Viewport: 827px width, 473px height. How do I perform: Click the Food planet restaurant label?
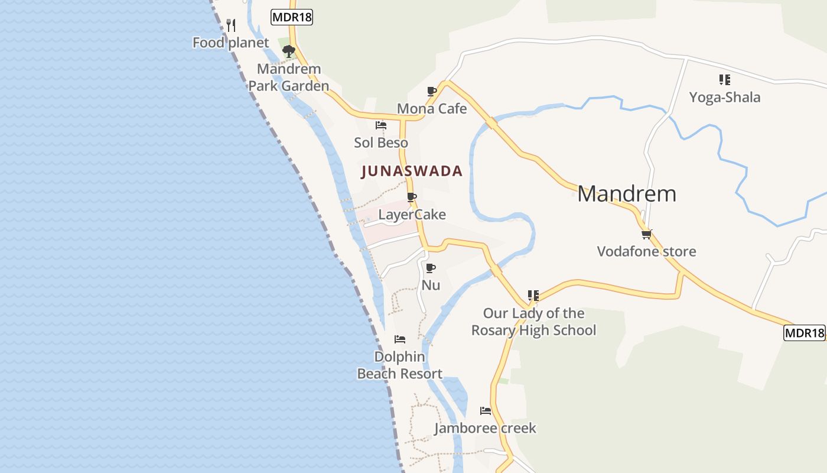click(230, 43)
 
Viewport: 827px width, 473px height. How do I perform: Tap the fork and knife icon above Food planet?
click(231, 25)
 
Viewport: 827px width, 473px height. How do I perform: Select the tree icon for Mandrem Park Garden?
click(288, 51)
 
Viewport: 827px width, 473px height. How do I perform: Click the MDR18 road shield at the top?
click(292, 17)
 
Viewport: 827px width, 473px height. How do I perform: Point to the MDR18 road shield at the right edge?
click(804, 333)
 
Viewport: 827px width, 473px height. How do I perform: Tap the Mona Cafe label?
click(432, 109)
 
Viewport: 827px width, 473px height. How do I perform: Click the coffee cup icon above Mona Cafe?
click(432, 92)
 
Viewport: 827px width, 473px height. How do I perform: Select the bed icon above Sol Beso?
click(381, 125)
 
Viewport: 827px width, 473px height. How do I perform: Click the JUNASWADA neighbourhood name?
click(412, 171)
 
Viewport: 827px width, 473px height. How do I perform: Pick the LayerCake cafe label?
click(412, 215)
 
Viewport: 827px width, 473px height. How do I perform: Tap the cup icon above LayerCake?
click(412, 197)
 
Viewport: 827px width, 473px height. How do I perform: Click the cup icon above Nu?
click(431, 268)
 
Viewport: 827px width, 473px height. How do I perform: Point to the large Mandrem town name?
click(627, 194)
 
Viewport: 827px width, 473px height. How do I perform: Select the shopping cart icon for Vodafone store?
click(647, 234)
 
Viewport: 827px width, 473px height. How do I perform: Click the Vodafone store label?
click(647, 251)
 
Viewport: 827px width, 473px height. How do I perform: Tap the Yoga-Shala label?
click(725, 97)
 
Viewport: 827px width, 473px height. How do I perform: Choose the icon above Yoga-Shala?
click(725, 80)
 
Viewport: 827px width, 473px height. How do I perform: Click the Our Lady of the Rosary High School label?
click(534, 322)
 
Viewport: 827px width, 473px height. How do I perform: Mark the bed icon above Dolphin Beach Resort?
click(400, 339)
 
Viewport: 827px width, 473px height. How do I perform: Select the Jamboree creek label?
click(485, 428)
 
